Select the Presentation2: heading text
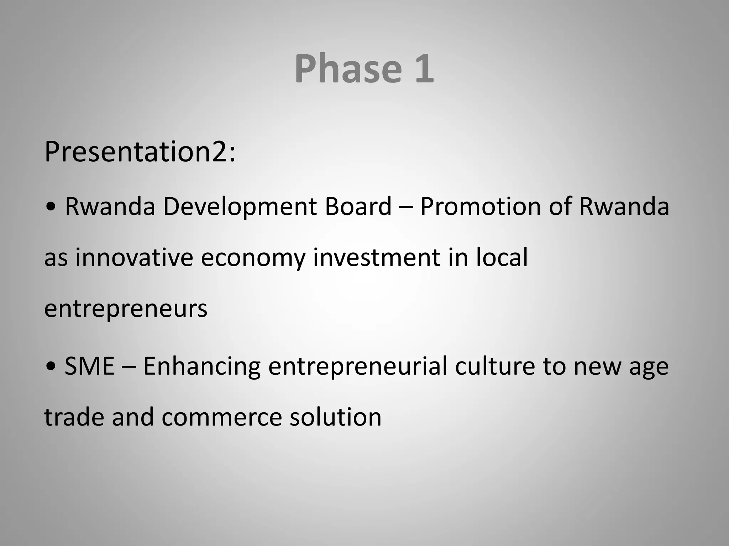(140, 152)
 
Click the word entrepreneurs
(126, 309)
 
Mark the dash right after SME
(129, 367)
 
